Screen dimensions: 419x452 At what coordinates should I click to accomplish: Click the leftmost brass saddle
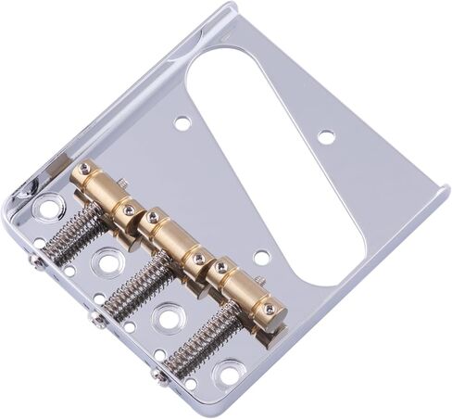104,192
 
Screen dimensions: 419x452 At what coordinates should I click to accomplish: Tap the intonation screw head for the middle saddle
97,321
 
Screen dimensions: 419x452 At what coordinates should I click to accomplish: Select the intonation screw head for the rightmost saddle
159,376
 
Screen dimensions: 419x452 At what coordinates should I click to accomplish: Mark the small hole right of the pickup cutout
326,136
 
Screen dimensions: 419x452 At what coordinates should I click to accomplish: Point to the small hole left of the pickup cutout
182,122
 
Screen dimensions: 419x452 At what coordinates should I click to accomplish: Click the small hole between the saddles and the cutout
262,257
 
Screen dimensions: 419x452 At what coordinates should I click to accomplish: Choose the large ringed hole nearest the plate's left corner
45,208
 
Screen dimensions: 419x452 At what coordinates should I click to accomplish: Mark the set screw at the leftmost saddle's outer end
85,169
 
